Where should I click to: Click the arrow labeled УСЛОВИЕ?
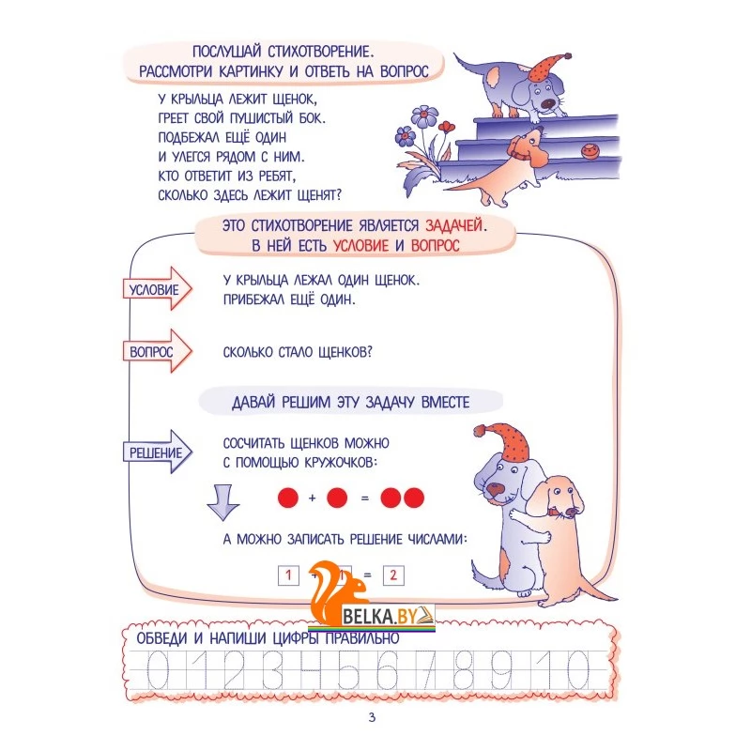click(x=158, y=289)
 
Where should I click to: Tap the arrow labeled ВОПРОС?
click(x=158, y=351)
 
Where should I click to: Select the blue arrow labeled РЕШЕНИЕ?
click(x=158, y=452)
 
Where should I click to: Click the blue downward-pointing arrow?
click(x=223, y=502)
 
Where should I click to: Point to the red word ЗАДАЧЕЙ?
click(x=453, y=225)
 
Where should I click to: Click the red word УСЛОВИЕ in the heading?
click(x=360, y=246)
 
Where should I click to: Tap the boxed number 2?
click(x=393, y=575)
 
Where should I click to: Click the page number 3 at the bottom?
click(x=372, y=717)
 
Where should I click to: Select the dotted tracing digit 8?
click(x=463, y=670)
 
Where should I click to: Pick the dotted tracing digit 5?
click(x=348, y=670)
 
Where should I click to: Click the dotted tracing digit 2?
click(x=234, y=670)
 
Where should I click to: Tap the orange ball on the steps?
click(x=590, y=151)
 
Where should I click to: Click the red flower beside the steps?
click(x=446, y=127)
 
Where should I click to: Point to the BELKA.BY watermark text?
click(x=380, y=617)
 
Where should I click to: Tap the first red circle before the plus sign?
click(x=288, y=498)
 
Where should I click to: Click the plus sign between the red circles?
click(x=313, y=498)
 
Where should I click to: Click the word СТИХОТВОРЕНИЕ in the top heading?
click(x=320, y=52)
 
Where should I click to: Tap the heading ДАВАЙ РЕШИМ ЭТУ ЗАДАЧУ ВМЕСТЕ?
click(x=350, y=402)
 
